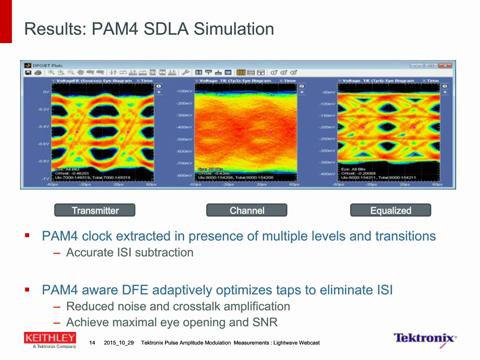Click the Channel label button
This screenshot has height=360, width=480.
coord(246,211)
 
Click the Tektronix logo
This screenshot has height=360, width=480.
coord(425,339)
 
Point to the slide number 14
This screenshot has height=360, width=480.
coord(91,343)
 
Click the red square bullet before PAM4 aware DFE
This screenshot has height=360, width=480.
coord(28,289)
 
